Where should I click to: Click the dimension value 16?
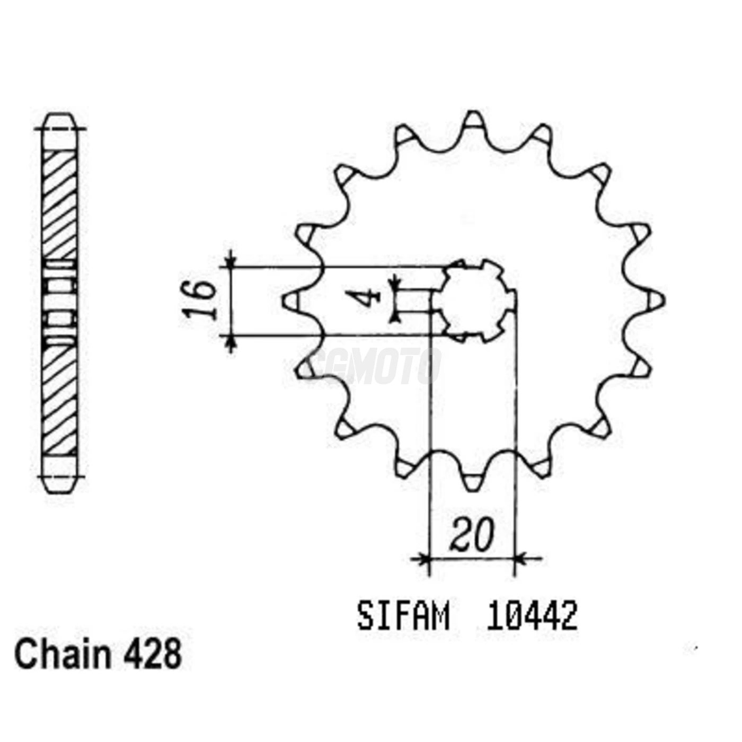tap(200, 300)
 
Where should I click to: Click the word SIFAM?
tap(403, 616)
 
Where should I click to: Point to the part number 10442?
tap(532, 616)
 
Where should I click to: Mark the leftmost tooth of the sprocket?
tap(290, 301)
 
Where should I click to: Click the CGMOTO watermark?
tap(374, 366)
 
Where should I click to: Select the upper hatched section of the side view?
tap(59, 204)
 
